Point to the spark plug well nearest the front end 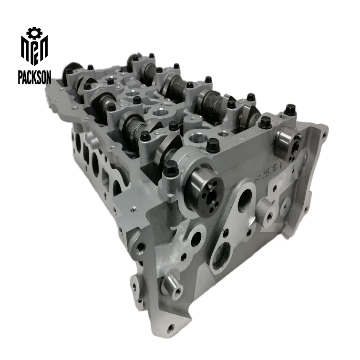click(x=197, y=139)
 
